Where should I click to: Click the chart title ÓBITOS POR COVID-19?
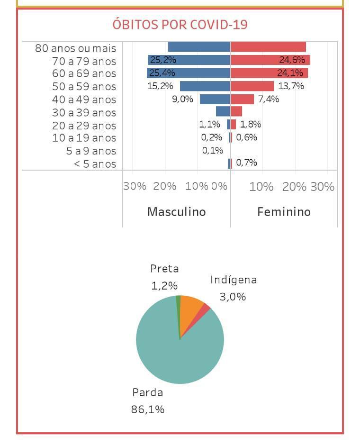coord(180,24)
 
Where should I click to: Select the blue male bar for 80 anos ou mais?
coord(199,47)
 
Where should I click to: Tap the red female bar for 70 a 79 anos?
coord(270,60)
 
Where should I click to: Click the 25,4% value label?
coord(162,73)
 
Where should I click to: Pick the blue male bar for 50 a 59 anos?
coord(205,86)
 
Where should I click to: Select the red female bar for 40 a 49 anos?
coord(242,99)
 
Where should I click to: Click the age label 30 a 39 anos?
coord(84,113)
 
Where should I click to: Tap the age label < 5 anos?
coord(92,164)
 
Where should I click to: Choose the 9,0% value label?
coord(182,100)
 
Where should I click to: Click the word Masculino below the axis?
coord(176,211)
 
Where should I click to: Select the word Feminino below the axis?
coord(284,211)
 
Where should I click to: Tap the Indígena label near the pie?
coord(234,280)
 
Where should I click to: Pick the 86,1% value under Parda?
coord(148,409)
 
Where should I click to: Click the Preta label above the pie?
coord(164,269)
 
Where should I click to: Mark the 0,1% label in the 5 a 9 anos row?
coord(212,151)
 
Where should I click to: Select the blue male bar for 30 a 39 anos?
coord(223,112)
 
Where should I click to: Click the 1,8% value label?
coord(251,125)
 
